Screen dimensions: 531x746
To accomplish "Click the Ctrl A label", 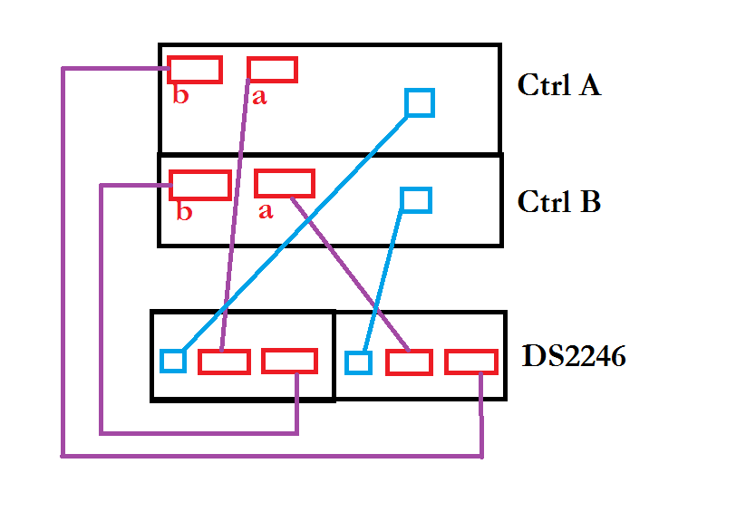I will pyautogui.click(x=558, y=85).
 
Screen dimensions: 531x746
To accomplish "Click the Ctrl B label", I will pyautogui.click(x=558, y=201).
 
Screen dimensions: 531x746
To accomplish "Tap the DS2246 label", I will pyautogui.click(x=574, y=356).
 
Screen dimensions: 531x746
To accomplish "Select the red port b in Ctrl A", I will pyautogui.click(x=194, y=69).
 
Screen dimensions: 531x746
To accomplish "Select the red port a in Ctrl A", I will pyautogui.click(x=272, y=70).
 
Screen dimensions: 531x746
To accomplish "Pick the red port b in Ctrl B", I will pyautogui.click(x=199, y=185).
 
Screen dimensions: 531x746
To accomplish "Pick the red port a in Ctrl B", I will pyautogui.click(x=284, y=183).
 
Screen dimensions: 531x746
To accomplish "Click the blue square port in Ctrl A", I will pyautogui.click(x=419, y=102).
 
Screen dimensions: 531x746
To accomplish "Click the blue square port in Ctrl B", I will pyautogui.click(x=415, y=199).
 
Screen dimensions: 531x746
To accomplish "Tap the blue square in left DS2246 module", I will pyautogui.click(x=173, y=361).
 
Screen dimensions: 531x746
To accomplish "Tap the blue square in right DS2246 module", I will pyautogui.click(x=358, y=362).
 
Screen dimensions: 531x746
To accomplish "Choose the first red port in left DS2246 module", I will pyautogui.click(x=224, y=362).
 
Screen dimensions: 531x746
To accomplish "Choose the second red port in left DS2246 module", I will pyautogui.click(x=289, y=361).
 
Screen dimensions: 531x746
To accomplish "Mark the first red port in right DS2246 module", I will pyautogui.click(x=409, y=362).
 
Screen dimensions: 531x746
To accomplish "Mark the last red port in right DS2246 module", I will pyautogui.click(x=470, y=362).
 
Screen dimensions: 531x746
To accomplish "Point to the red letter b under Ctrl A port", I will pyautogui.click(x=181, y=96).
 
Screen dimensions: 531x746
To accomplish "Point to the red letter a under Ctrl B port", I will pyautogui.click(x=265, y=211).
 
